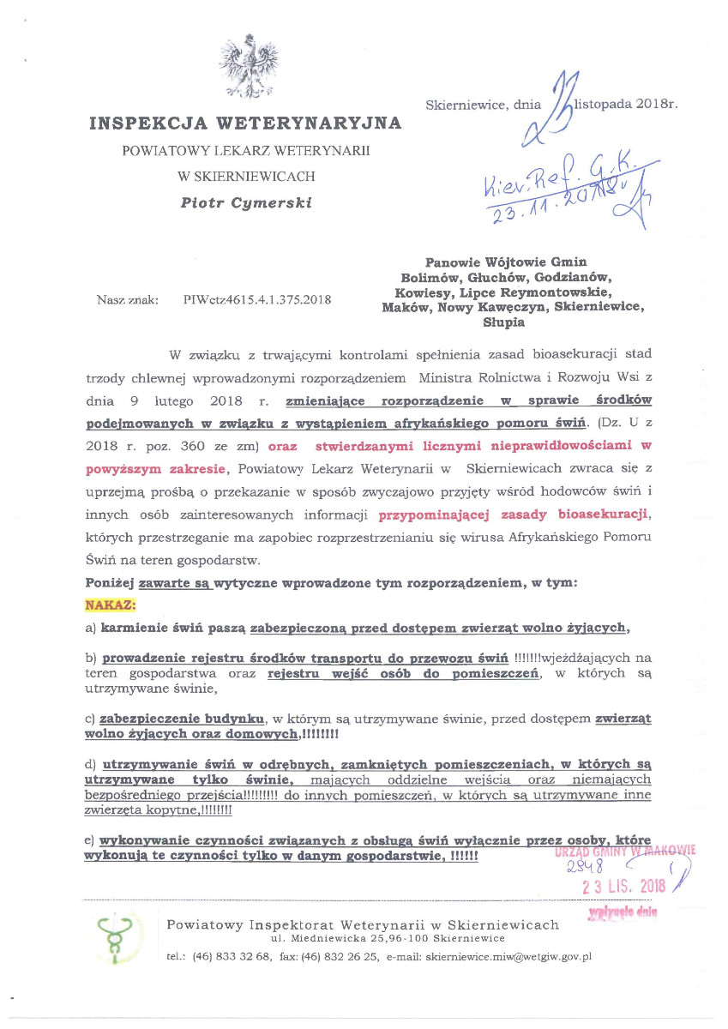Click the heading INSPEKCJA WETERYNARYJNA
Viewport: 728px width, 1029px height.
point(245,123)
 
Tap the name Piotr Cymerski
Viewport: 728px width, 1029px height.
point(245,203)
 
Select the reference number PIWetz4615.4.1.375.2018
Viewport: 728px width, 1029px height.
point(258,300)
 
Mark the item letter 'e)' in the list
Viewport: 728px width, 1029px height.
point(90,841)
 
